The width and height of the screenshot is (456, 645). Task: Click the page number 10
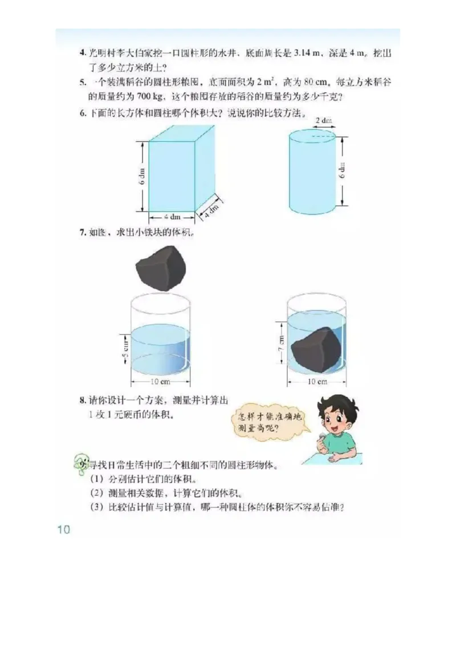(x=63, y=529)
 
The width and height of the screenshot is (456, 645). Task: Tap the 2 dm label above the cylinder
(x=324, y=121)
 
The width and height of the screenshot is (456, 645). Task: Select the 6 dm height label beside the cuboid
(x=141, y=177)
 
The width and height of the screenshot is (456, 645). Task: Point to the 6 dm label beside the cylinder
(x=342, y=170)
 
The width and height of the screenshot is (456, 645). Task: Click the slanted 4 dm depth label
(x=210, y=210)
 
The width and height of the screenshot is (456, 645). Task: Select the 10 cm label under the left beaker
(x=161, y=381)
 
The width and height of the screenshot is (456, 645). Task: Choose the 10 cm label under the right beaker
(x=317, y=381)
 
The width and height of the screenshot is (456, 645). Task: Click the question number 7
(x=82, y=232)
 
